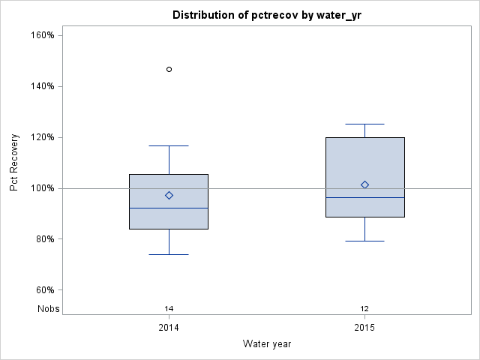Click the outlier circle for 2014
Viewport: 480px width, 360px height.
pyautogui.click(x=169, y=69)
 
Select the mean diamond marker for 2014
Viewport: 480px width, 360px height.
pyautogui.click(x=169, y=195)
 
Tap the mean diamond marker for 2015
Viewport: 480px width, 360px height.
pyautogui.click(x=364, y=184)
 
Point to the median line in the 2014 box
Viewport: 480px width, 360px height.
pyautogui.click(x=169, y=208)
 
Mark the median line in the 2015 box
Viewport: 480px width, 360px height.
pyautogui.click(x=364, y=197)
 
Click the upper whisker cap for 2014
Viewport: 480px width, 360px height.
pyautogui.click(x=169, y=145)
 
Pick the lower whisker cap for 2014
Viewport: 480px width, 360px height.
pyautogui.click(x=169, y=254)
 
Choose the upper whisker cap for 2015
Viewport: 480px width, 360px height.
pyautogui.click(x=364, y=124)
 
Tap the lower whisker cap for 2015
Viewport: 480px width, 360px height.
pyautogui.click(x=364, y=241)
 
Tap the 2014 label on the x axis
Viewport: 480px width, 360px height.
pyautogui.click(x=169, y=328)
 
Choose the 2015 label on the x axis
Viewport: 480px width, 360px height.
pyautogui.click(x=364, y=328)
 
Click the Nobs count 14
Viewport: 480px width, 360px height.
pyautogui.click(x=169, y=308)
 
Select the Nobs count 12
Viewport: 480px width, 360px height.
pyautogui.click(x=364, y=308)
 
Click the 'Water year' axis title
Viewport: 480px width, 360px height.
pyautogui.click(x=266, y=343)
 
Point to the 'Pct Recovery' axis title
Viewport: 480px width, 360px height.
pyautogui.click(x=14, y=163)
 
